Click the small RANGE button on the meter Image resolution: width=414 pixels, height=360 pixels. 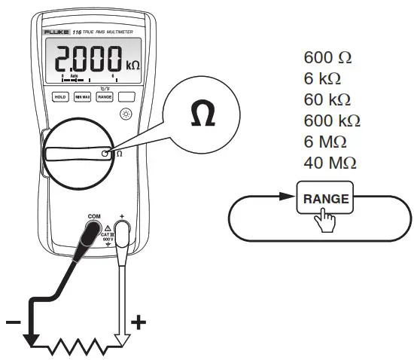tap(104, 97)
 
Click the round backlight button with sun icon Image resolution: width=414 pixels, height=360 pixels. tap(125, 114)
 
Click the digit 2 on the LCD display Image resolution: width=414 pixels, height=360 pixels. tap(61, 56)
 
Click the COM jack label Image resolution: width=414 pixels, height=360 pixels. tap(94, 216)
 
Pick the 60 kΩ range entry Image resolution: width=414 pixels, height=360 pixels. tap(328, 99)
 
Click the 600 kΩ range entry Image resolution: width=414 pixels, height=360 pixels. tap(332, 121)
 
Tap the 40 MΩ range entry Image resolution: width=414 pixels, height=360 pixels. tap(330, 162)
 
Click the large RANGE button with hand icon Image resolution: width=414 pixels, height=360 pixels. tap(326, 200)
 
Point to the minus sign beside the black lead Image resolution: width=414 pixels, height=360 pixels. tap(13, 322)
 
